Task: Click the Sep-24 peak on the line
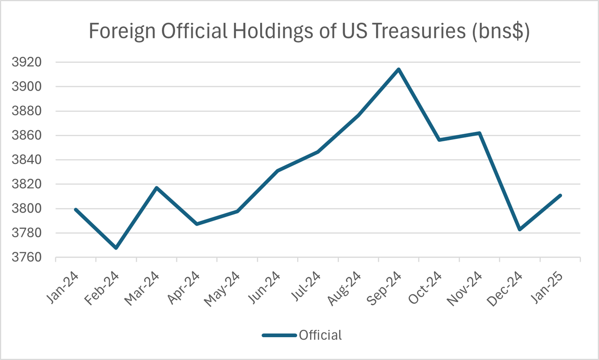tap(399, 69)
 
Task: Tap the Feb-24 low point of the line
tap(116, 248)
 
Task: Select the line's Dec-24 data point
tap(520, 229)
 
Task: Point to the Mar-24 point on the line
tap(156, 188)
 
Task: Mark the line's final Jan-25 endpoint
tap(560, 195)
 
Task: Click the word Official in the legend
tap(320, 335)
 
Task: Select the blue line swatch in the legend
tap(279, 335)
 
